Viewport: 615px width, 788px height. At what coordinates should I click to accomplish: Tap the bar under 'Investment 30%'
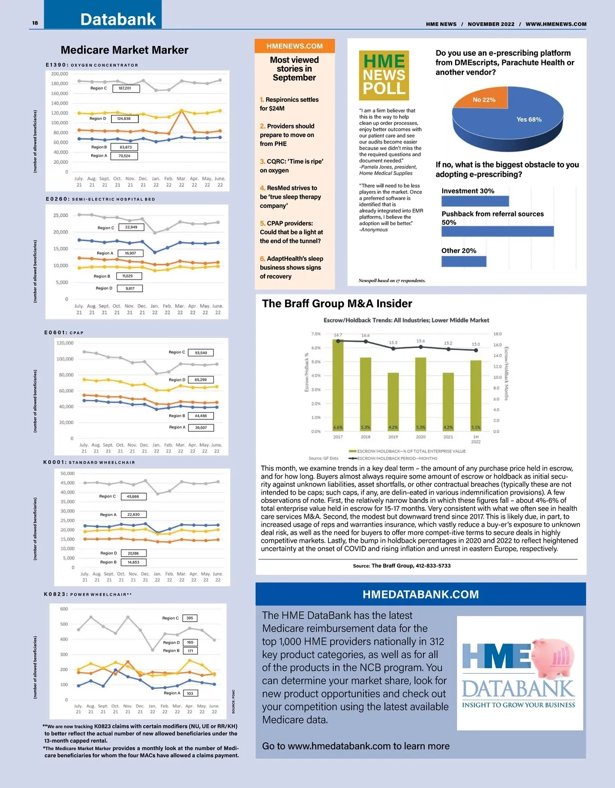(x=475, y=201)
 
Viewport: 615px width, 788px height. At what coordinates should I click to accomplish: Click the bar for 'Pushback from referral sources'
(x=497, y=231)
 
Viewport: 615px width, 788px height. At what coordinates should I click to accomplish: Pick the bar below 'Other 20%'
(x=464, y=261)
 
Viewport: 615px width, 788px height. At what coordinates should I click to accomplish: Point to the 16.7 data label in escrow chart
(x=338, y=335)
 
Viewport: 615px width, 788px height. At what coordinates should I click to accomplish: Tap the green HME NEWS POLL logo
(x=384, y=75)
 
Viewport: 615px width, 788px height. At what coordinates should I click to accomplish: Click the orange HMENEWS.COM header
(x=295, y=46)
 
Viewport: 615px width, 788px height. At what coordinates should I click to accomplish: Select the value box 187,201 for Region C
(x=125, y=88)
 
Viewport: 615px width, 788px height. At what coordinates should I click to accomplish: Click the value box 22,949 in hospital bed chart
(x=131, y=227)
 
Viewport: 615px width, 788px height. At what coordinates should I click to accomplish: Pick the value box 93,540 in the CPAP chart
(x=201, y=353)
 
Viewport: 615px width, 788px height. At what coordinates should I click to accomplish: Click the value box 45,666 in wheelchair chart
(x=133, y=496)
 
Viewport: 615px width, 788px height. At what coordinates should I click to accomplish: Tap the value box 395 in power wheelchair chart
(x=190, y=618)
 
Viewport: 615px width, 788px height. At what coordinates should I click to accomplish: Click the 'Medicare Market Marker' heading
(x=125, y=50)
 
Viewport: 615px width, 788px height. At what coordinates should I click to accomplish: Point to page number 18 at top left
(x=35, y=23)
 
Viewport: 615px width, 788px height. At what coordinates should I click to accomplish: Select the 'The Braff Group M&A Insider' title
(x=337, y=304)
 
